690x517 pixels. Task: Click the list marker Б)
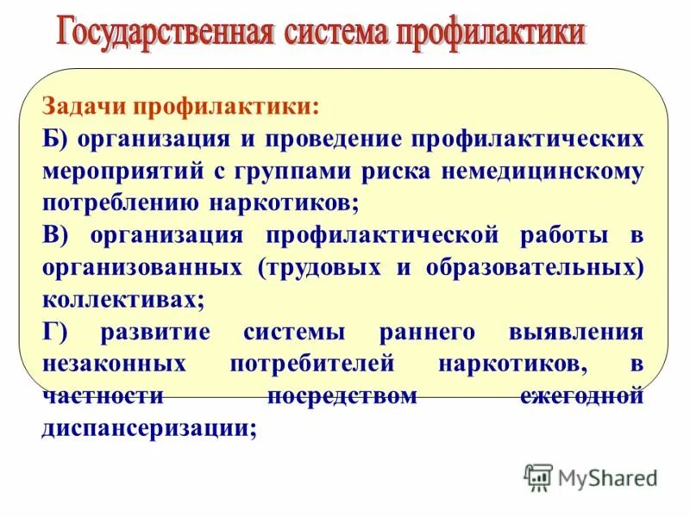click(56, 140)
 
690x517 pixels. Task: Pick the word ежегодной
click(582, 396)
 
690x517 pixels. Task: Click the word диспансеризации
click(148, 427)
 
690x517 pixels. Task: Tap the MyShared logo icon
click(538, 477)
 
